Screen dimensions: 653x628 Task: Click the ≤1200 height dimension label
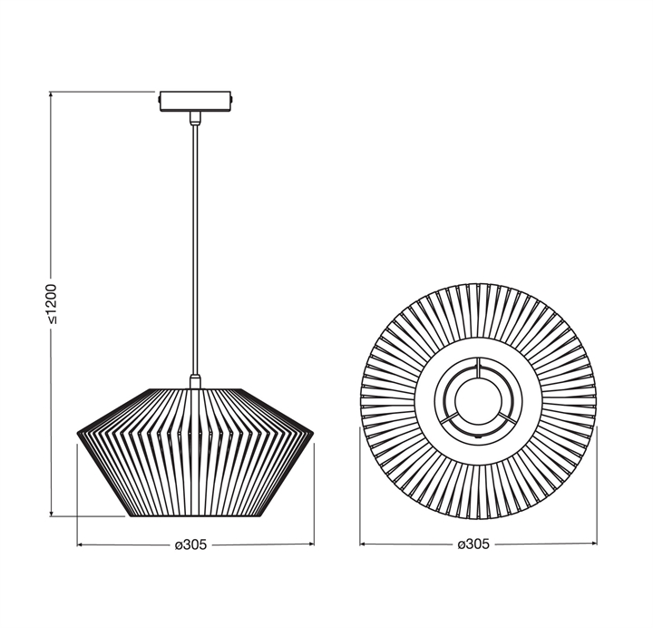click(x=51, y=304)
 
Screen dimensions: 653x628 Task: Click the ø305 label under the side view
click(x=190, y=545)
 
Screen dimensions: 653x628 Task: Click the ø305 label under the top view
click(x=473, y=545)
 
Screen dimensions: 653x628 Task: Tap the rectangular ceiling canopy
click(x=195, y=102)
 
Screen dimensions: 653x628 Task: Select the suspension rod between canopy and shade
click(x=195, y=250)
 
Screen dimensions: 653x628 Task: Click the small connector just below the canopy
click(x=195, y=118)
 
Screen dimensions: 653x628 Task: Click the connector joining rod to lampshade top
click(x=195, y=381)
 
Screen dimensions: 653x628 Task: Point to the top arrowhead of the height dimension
click(x=51, y=94)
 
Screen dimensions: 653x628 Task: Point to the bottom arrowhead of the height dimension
click(x=51, y=513)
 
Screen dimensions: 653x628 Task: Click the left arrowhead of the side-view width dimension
click(x=81, y=545)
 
